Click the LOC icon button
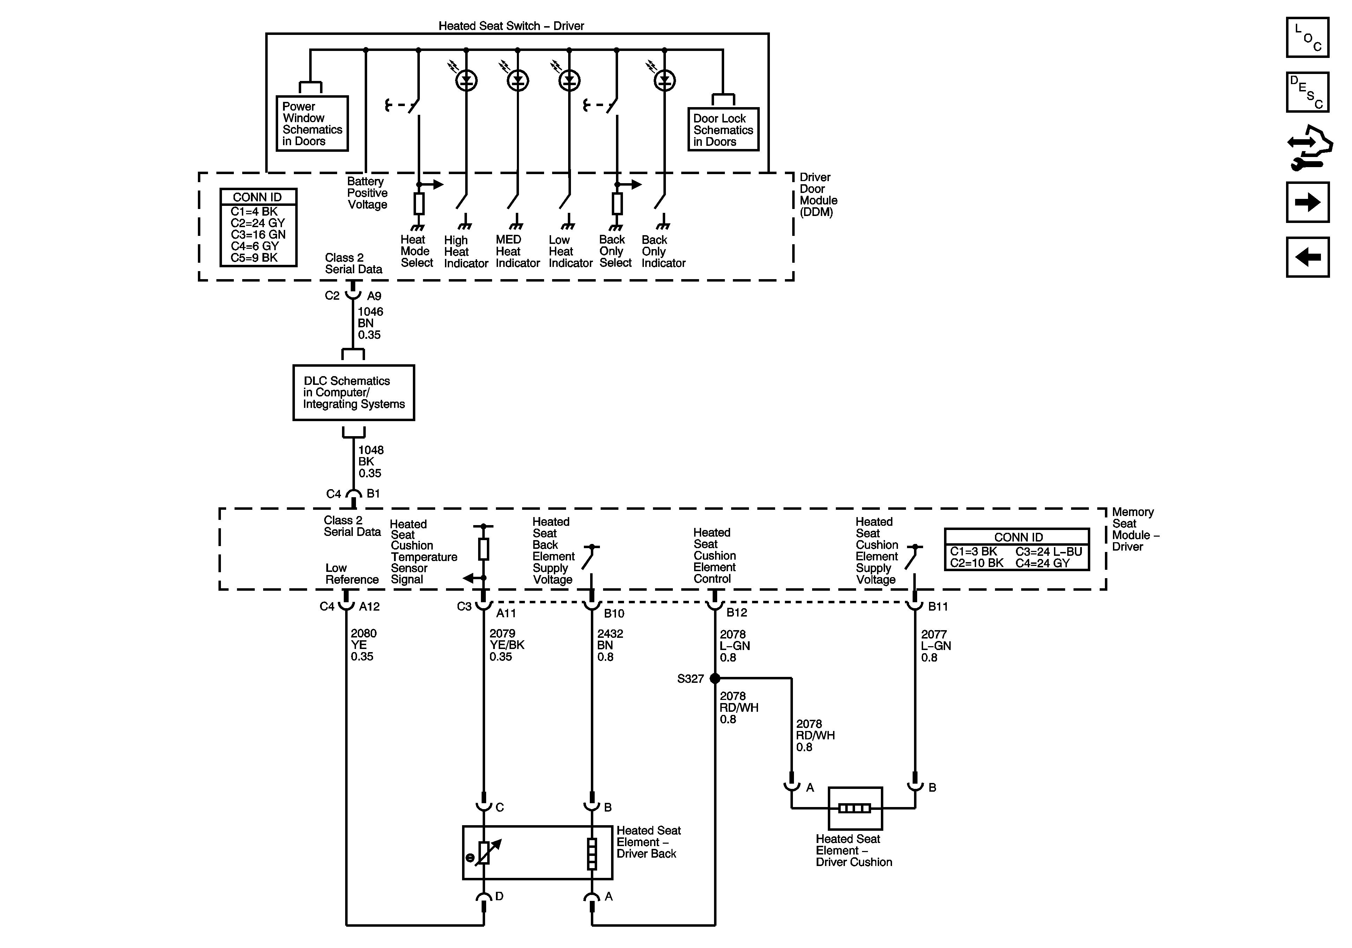click(1307, 37)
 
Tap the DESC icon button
click(1307, 92)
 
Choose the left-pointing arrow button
click(1307, 257)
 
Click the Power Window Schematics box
click(312, 124)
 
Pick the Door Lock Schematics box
click(723, 129)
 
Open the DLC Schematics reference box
click(353, 392)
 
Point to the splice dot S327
click(715, 678)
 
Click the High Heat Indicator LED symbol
click(466, 81)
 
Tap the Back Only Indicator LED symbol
click(665, 81)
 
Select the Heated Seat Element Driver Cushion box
click(855, 808)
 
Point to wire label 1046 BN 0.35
click(370, 323)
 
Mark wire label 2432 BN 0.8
click(609, 645)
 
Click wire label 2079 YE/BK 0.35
click(506, 645)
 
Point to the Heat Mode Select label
click(416, 251)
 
